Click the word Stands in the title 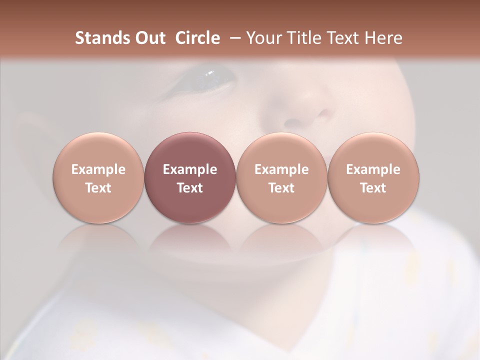pos(102,38)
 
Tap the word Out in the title pos(149,38)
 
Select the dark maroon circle pos(190,178)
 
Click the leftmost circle pos(98,178)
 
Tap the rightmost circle pos(373,178)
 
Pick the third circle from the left pos(281,178)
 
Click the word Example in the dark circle pos(190,169)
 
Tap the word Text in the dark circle pos(190,188)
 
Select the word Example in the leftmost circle pos(98,169)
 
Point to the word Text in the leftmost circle pos(98,188)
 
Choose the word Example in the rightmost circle pos(373,169)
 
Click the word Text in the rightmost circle pos(373,188)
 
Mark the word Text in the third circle pos(281,188)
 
